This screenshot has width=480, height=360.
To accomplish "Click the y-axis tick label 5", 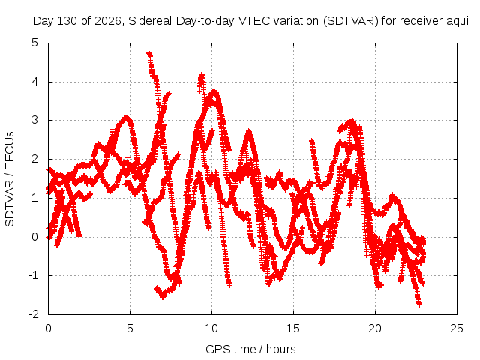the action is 35,43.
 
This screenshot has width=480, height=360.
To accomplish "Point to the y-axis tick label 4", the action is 35,82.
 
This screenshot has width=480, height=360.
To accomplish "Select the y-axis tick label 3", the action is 35,120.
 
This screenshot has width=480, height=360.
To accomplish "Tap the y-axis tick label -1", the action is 34,275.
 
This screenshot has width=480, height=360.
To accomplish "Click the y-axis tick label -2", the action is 34,314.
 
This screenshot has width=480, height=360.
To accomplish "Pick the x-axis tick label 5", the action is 130,328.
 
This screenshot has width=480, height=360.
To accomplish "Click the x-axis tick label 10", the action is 211,328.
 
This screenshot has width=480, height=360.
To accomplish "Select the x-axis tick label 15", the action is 293,328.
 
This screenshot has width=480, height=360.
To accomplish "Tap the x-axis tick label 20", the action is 375,328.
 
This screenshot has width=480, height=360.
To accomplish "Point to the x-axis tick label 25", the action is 457,328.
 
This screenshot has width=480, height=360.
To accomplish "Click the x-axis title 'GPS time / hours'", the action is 250,349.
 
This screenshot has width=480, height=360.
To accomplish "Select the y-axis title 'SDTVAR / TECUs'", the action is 10,179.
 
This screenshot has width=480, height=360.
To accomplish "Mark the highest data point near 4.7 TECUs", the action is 149,53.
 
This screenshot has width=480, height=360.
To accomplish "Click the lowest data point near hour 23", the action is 419,304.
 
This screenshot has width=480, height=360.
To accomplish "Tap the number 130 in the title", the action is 67,21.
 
